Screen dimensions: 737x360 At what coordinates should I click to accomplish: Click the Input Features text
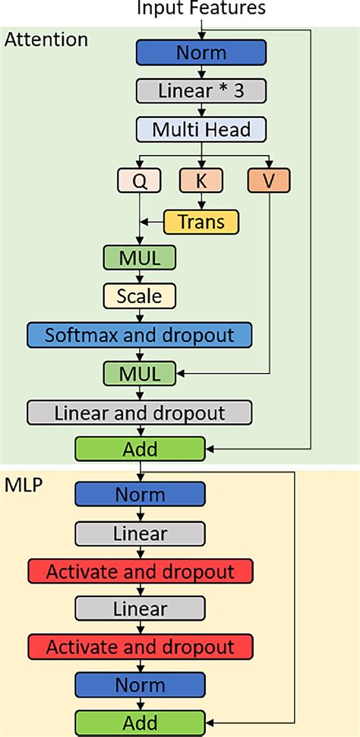point(201,8)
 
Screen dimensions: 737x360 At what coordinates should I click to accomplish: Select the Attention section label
point(46,40)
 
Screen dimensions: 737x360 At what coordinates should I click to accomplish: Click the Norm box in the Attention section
point(201,52)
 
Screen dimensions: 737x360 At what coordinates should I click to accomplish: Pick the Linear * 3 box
point(201,90)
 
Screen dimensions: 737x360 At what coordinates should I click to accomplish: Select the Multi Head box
point(201,129)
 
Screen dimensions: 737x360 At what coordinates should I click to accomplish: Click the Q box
point(140,181)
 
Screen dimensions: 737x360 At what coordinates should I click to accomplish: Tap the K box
point(201,181)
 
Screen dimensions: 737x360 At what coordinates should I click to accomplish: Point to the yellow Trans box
point(201,221)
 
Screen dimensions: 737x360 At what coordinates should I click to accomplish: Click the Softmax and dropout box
point(140,334)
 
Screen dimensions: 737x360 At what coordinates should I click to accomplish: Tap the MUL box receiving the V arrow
point(140,372)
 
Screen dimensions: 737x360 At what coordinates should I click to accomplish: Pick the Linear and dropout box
point(140,412)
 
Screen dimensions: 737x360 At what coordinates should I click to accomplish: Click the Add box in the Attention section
point(140,449)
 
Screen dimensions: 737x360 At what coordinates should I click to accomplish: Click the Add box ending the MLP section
point(140,721)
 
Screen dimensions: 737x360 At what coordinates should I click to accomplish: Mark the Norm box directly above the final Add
point(140,685)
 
